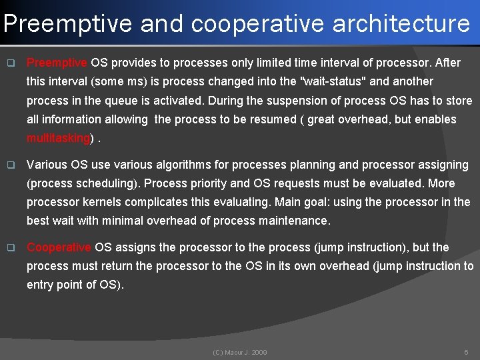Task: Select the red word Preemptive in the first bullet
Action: click(57, 63)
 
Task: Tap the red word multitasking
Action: click(58, 138)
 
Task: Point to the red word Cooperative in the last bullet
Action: click(59, 247)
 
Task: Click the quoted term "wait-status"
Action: click(337, 82)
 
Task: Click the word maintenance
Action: click(296, 220)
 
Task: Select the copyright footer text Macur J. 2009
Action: click(240, 351)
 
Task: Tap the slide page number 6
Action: click(465, 351)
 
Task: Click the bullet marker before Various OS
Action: click(10, 164)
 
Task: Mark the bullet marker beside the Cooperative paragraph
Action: click(10, 248)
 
